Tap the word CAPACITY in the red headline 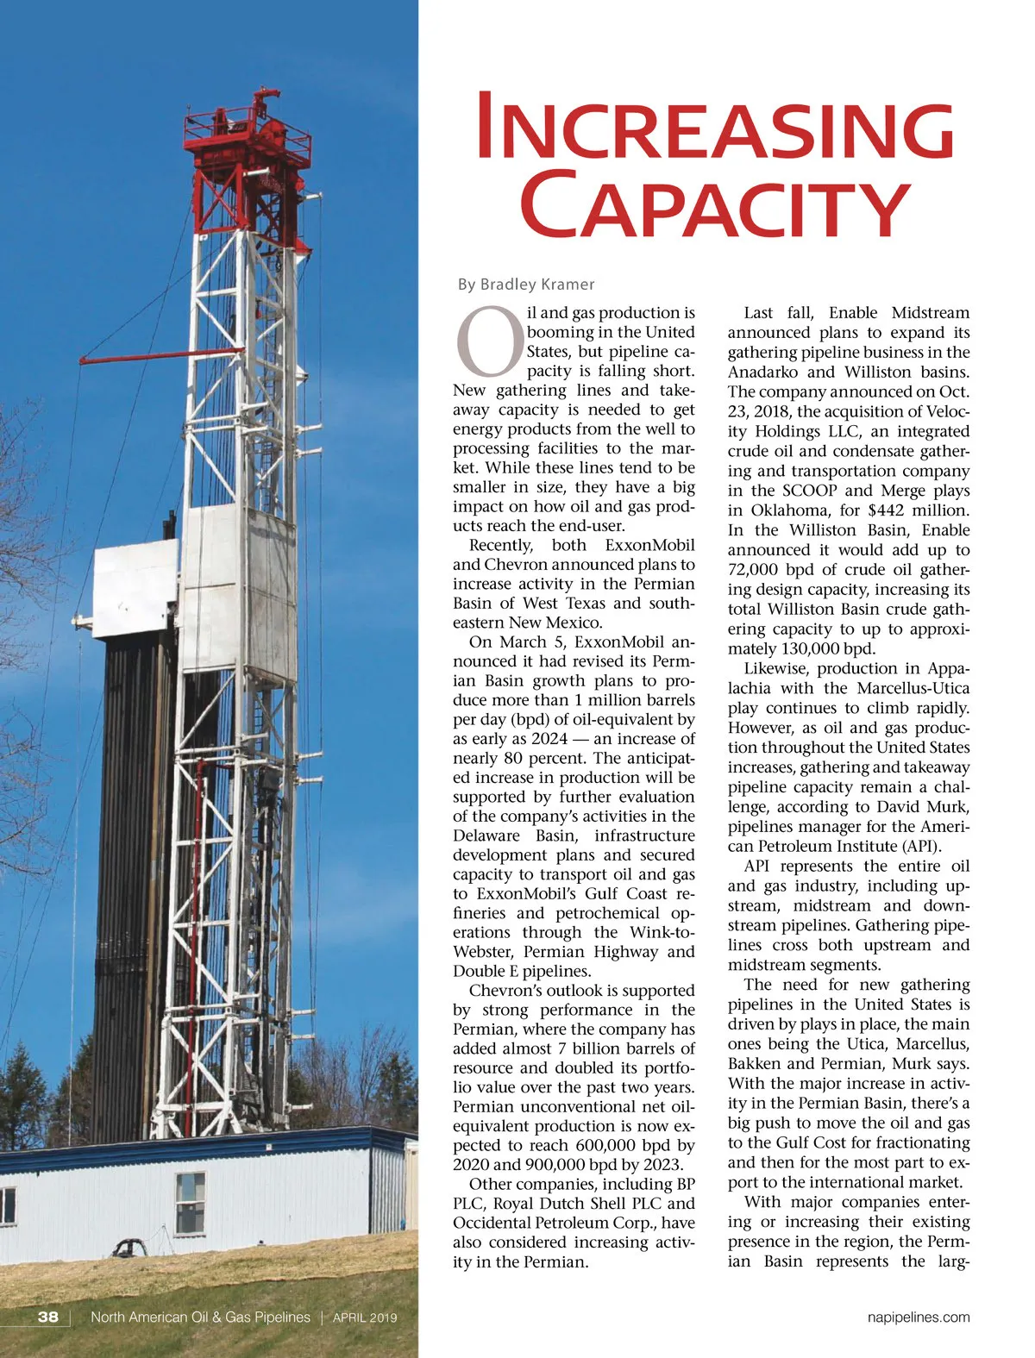tap(715, 204)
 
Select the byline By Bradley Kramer tap(525, 285)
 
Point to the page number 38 tap(48, 1317)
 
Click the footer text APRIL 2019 tap(364, 1317)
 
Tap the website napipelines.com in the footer tap(918, 1317)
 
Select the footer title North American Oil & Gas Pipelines tap(200, 1317)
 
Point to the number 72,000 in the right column tap(756, 570)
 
